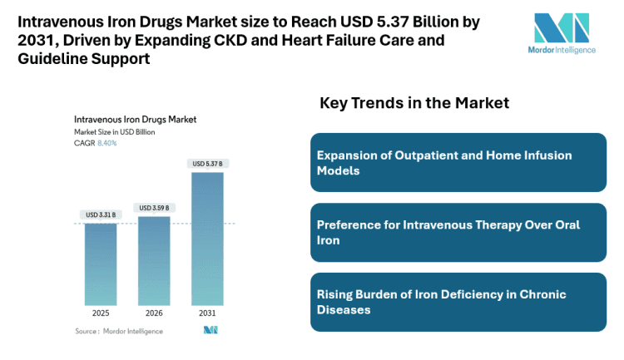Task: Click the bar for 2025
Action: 101,264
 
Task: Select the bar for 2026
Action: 155,260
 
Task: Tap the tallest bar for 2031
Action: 208,238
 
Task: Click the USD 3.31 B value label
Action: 101,215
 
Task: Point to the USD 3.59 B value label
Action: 155,207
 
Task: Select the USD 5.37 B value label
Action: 208,163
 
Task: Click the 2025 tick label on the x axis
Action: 101,314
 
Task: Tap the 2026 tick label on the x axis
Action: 155,314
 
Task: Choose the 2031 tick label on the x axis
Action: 208,314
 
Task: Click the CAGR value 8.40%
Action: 107,143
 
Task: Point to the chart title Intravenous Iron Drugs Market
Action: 135,119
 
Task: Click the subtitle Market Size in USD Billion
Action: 115,131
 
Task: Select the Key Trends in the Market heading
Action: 414,103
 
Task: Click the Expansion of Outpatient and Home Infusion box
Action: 458,163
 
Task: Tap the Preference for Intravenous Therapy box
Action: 458,233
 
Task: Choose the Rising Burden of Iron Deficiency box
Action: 458,302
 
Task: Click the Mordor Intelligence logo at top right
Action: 562,32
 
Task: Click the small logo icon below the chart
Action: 210,330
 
